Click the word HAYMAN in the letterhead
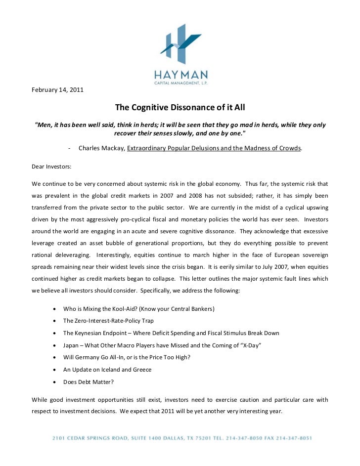point(180,75)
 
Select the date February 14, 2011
point(57,90)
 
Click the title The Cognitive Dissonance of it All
point(180,107)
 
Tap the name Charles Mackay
point(101,148)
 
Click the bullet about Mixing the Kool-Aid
point(138,309)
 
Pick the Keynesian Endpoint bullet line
point(171,333)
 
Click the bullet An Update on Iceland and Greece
point(107,370)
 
